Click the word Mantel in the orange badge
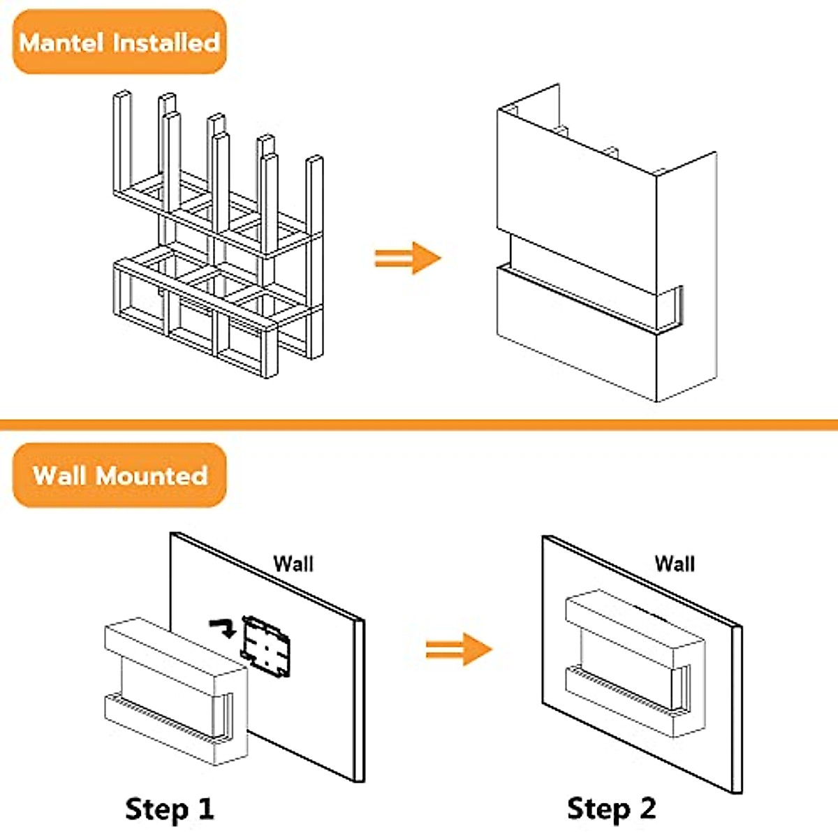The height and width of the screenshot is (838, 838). pos(61,43)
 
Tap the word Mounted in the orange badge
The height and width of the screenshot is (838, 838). pos(152,476)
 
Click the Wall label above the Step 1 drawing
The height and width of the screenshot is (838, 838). pos(293,564)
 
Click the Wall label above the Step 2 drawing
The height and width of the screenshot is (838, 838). pos(675,564)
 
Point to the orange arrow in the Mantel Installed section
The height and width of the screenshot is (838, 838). pos(408,258)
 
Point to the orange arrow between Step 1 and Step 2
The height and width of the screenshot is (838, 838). pos(459,649)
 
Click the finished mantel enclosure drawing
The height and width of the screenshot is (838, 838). pos(607,242)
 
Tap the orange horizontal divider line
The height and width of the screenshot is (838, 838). pos(419,425)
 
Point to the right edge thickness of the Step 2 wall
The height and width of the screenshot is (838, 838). pos(737,710)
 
